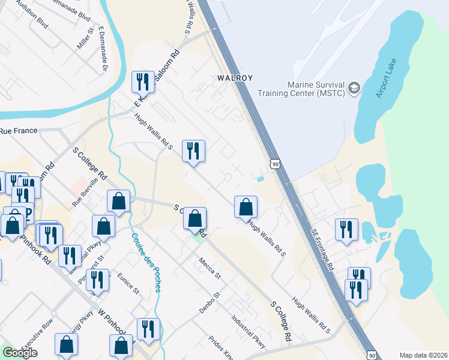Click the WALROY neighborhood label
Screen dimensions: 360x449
point(235,77)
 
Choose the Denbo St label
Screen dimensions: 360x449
point(211,304)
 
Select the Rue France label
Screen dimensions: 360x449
point(18,130)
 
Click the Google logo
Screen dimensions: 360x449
point(20,353)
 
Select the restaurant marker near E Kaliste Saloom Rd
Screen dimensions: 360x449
point(143,82)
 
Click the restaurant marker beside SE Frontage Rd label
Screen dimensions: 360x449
point(346,231)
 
